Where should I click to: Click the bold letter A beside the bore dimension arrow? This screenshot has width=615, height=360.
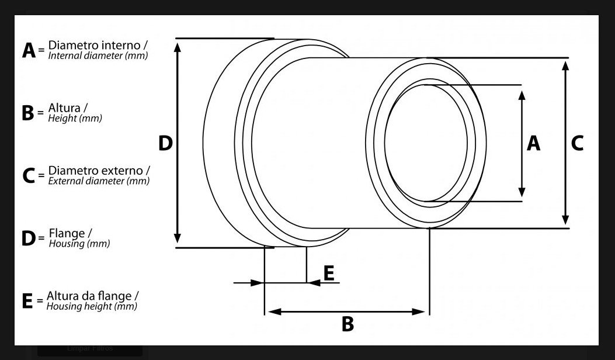click(533, 143)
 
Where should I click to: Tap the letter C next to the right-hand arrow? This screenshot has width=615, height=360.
click(577, 143)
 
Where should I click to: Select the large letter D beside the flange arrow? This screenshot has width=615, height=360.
click(165, 143)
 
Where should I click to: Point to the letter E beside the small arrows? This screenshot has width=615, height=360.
click(329, 273)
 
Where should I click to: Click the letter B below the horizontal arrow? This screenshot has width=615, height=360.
click(348, 324)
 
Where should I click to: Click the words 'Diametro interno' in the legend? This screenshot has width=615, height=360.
click(94, 45)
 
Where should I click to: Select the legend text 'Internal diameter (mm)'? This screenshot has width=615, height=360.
click(98, 56)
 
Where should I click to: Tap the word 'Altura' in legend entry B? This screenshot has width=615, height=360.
click(64, 108)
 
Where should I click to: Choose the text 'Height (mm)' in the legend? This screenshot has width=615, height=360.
click(75, 118)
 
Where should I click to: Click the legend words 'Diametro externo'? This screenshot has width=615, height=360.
click(95, 171)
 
